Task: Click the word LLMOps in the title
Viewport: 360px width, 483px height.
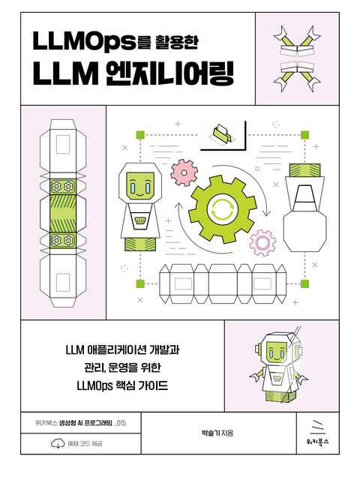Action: (x=84, y=41)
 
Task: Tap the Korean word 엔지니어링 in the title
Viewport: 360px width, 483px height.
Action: (x=169, y=74)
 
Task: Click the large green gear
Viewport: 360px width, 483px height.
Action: (x=222, y=209)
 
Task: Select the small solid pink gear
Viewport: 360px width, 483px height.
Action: (x=184, y=172)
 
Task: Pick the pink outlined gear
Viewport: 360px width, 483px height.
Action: (x=262, y=242)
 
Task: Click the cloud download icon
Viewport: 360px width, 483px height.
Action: (x=58, y=443)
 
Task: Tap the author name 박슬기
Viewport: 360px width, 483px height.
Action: (x=209, y=433)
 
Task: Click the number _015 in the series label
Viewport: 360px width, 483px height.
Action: (x=120, y=423)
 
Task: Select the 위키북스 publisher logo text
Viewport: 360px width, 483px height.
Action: (x=317, y=442)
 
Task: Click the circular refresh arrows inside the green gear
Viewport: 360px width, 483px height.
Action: (x=222, y=209)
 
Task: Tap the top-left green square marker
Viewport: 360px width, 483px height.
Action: (x=140, y=135)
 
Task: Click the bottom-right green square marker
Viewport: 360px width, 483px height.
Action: (x=304, y=283)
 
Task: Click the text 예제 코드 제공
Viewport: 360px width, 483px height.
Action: (x=85, y=443)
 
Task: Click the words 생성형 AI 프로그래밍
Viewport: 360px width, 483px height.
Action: (x=85, y=423)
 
